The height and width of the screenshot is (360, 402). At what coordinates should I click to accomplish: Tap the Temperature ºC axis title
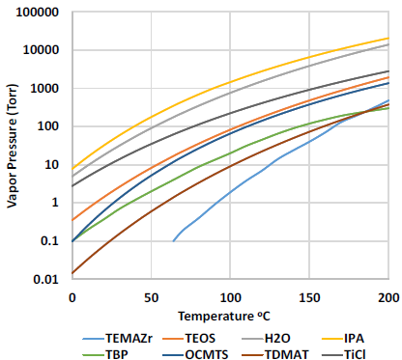[x=230, y=316]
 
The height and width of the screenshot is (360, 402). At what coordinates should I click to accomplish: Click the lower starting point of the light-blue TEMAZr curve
[x=174, y=240]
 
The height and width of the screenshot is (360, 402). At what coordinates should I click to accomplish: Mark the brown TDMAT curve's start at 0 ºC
[x=72, y=273]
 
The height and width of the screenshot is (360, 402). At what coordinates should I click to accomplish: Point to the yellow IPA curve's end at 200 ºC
[x=388, y=39]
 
